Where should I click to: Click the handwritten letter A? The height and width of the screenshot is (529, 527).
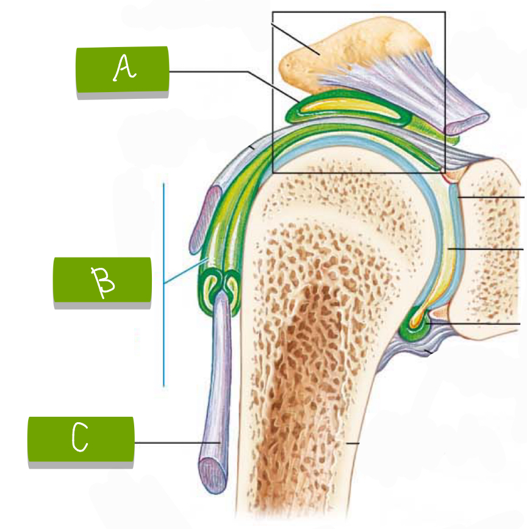tap(124, 70)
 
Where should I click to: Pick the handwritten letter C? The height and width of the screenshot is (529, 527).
tap(80, 439)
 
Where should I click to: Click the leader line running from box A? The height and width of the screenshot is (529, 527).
tap(207, 72)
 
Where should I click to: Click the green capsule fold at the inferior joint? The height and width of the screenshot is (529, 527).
tap(415, 326)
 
